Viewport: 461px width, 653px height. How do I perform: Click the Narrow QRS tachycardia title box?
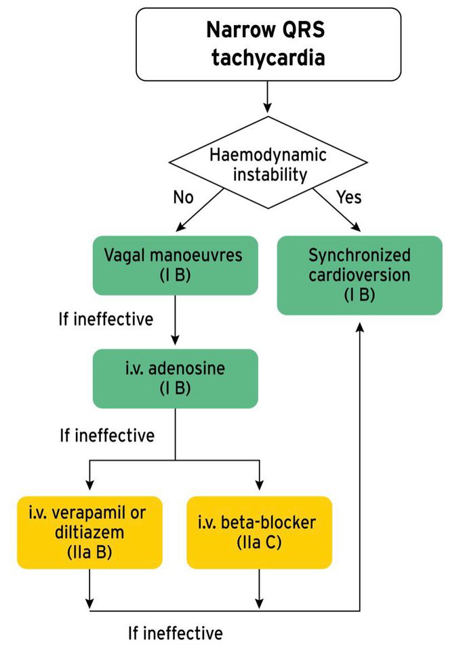point(268,44)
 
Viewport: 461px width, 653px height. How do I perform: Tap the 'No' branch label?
point(183,197)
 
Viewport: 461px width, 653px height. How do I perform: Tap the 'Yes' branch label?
point(348,197)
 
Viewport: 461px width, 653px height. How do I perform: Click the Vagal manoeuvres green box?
point(175,266)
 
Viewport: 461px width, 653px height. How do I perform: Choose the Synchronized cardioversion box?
point(359,275)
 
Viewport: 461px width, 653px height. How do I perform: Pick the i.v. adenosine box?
point(175,379)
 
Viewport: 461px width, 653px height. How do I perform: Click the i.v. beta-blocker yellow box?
point(259,532)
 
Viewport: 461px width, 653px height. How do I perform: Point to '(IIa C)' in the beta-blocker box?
point(259,543)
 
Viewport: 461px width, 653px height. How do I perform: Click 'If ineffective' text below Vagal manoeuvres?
point(105,318)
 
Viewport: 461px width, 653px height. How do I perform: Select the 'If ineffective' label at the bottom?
point(175,633)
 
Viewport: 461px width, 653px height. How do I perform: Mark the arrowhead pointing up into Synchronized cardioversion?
point(359,324)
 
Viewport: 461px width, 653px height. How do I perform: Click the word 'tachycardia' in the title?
point(268,57)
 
